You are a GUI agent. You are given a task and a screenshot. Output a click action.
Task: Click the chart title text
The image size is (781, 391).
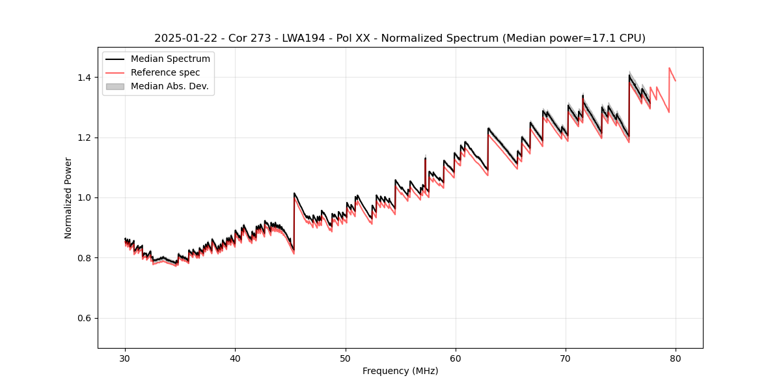(x=400, y=38)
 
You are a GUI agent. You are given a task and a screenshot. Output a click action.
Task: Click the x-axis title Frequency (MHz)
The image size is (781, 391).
(x=400, y=371)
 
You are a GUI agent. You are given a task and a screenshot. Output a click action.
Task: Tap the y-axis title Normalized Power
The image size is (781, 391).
(x=68, y=197)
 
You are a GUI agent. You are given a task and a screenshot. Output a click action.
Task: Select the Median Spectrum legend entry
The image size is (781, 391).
(x=170, y=59)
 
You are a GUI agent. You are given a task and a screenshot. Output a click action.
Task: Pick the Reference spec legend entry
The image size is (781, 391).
(x=165, y=73)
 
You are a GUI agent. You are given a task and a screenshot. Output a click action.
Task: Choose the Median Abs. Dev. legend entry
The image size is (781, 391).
(x=169, y=87)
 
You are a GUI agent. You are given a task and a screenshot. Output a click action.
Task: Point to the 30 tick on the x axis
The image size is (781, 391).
(x=126, y=358)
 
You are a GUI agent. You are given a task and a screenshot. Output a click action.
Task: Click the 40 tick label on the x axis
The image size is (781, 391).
(x=236, y=358)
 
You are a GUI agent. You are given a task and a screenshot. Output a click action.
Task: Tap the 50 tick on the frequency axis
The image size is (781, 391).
(x=346, y=358)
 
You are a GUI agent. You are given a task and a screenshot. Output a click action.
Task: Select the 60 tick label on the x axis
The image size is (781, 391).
(x=456, y=358)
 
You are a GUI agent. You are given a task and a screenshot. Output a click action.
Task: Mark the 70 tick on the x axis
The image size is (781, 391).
(x=566, y=358)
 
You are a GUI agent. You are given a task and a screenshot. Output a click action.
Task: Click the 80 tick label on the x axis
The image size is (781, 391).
(x=676, y=358)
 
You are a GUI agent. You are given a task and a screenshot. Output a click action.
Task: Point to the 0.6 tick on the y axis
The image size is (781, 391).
(x=87, y=318)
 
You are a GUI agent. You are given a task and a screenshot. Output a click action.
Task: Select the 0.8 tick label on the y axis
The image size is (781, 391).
(x=87, y=258)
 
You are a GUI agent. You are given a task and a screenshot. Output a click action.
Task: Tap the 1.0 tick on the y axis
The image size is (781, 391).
(x=87, y=197)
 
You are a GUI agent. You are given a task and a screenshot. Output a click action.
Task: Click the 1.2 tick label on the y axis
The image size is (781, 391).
(x=87, y=138)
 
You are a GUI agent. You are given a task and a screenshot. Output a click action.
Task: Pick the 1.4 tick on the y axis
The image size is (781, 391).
(x=87, y=78)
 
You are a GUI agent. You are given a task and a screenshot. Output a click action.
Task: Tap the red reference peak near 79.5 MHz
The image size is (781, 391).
(x=669, y=68)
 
